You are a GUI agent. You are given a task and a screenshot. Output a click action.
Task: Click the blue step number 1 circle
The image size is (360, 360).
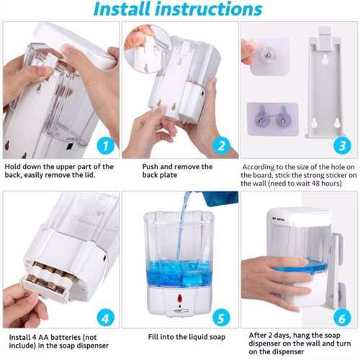click(x=106, y=145)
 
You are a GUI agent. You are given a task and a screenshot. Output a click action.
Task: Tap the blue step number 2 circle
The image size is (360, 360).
click(x=221, y=145)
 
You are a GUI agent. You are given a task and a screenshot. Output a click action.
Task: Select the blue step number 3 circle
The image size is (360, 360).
click(x=342, y=145)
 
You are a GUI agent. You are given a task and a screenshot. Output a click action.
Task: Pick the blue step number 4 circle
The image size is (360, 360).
click(x=106, y=318)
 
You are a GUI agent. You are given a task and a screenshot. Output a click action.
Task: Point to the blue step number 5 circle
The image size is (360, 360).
click(x=221, y=318)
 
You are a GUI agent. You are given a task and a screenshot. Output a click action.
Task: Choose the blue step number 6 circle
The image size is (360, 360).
click(x=342, y=318)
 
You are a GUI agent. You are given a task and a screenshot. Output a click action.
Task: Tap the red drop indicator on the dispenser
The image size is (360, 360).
click(x=179, y=298)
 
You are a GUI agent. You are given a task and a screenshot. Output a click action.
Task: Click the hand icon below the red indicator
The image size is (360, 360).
click(x=180, y=311)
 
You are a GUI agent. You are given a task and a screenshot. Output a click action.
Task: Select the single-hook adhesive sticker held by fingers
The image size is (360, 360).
click(x=269, y=55)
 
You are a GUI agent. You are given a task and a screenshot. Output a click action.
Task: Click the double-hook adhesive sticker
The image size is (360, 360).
click(x=272, y=120)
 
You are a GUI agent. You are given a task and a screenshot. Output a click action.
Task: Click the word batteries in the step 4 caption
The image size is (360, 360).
click(x=64, y=337)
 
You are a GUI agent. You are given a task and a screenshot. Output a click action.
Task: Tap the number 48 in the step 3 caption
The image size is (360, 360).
click(x=316, y=184)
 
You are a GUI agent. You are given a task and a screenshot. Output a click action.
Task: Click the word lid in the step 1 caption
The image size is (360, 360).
click(x=90, y=175)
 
